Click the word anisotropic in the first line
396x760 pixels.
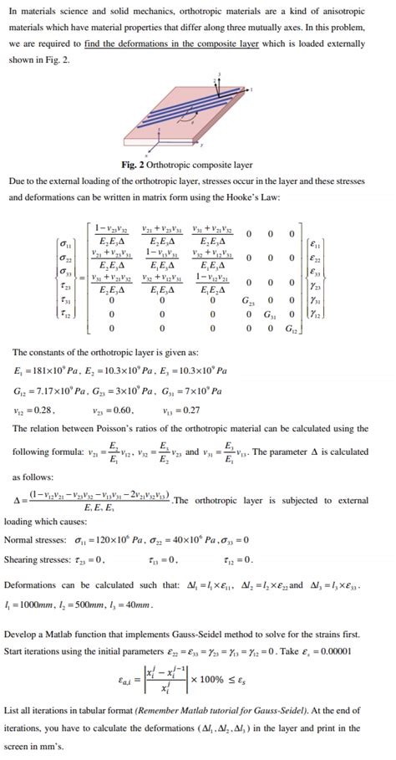(348, 10)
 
